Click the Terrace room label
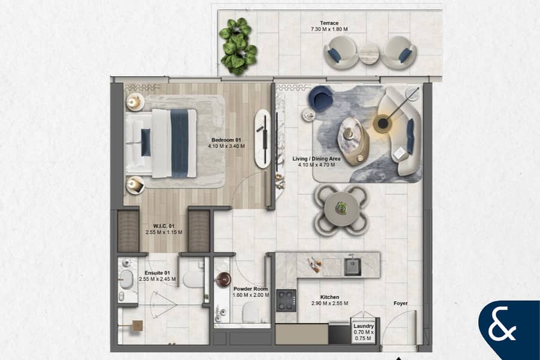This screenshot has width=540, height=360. tap(329, 23)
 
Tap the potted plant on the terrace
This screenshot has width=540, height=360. tap(238, 47)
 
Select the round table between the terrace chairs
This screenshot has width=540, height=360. tap(369, 54)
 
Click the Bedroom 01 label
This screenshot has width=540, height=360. tap(226, 140)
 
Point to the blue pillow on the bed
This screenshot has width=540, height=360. tap(146, 142)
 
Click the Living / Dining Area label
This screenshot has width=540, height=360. tap(316, 159)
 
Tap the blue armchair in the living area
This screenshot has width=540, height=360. tap(320, 97)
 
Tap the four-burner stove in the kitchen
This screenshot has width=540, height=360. tap(286, 301)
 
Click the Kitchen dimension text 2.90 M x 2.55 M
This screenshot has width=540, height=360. tap(329, 304)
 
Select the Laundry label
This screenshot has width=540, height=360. tap(364, 326)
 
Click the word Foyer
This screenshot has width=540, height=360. tap(401, 304)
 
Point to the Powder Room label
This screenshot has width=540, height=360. tap(250, 289)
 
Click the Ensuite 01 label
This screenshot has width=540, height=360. tap(157, 273)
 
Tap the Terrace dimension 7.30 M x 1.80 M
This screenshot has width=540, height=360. tap(329, 29)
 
